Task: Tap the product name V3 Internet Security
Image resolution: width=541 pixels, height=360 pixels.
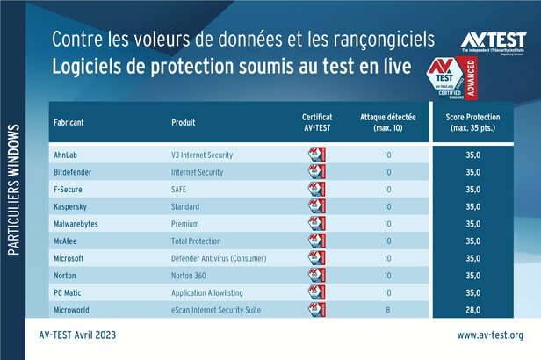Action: tap(202, 155)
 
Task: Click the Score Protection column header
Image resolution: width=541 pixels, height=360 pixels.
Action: tap(480, 121)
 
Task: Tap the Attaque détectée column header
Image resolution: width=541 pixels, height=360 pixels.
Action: tap(387, 121)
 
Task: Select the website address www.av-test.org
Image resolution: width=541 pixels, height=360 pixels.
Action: tap(490, 335)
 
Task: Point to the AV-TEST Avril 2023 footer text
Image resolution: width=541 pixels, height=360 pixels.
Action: tap(78, 335)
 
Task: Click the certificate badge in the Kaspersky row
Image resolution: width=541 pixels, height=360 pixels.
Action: tap(316, 206)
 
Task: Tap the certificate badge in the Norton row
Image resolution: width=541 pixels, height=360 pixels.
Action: tap(316, 276)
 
